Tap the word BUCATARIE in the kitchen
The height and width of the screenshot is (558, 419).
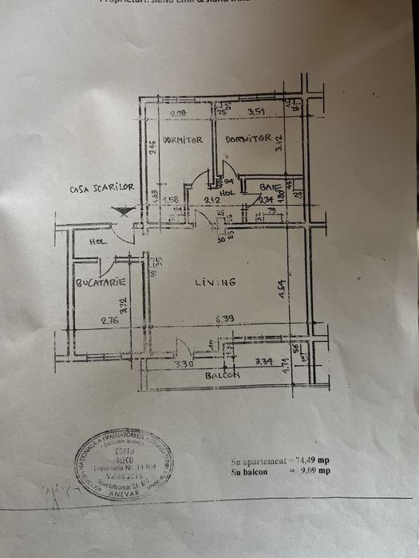click(98, 283)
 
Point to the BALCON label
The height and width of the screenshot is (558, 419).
click(223, 375)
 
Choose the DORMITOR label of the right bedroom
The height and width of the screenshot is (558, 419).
click(248, 139)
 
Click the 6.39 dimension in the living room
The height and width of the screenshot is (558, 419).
click(225, 320)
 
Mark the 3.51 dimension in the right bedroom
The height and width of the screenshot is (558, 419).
click(256, 112)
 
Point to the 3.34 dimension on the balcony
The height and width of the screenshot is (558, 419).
click(264, 362)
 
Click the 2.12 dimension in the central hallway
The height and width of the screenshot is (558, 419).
click(211, 200)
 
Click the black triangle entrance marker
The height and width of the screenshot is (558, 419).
click(121, 212)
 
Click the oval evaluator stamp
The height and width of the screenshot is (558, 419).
click(123, 464)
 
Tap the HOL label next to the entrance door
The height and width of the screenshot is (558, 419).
click(97, 242)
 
